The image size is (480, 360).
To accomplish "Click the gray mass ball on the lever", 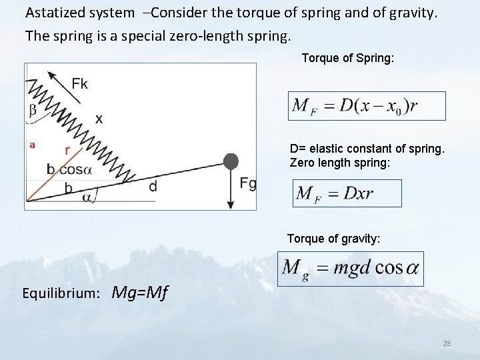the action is pyautogui.click(x=231, y=161).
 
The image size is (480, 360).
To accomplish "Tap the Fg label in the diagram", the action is pyautogui.click(x=247, y=184).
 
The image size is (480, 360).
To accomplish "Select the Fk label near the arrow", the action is pyautogui.click(x=79, y=83).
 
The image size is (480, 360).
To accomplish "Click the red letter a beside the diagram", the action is pyautogui.click(x=31, y=145).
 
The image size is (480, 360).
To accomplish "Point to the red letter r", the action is pyautogui.click(x=67, y=151).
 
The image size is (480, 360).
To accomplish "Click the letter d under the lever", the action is pyautogui.click(x=153, y=187).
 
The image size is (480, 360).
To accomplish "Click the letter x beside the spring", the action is pyautogui.click(x=99, y=119).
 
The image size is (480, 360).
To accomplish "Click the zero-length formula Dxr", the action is pyautogui.click(x=347, y=193).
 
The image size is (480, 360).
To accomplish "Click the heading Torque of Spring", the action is pyautogui.click(x=347, y=58).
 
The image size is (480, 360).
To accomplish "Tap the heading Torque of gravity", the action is pyautogui.click(x=333, y=238).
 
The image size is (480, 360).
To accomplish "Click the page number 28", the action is pyautogui.click(x=447, y=343).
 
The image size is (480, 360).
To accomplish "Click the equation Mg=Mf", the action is pyautogui.click(x=140, y=292).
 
